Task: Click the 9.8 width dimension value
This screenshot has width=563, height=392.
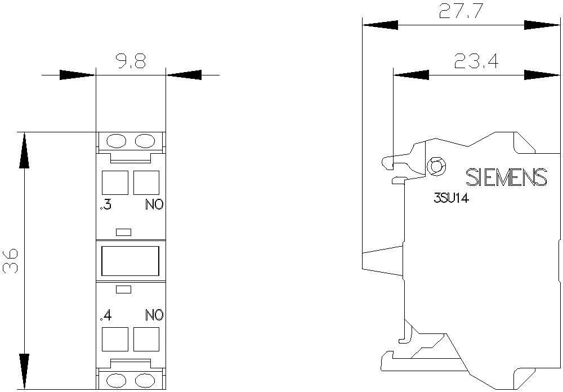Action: [131, 61]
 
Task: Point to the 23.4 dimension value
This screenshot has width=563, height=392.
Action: [476, 61]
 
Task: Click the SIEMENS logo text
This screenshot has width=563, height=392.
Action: [506, 177]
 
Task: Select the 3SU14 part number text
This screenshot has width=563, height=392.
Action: [452, 198]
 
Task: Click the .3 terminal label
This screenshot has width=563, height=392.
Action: [106, 205]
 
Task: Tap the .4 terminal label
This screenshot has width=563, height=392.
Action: [106, 315]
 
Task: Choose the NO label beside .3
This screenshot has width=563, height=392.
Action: [154, 205]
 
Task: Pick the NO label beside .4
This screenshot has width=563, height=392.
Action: [154, 315]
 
